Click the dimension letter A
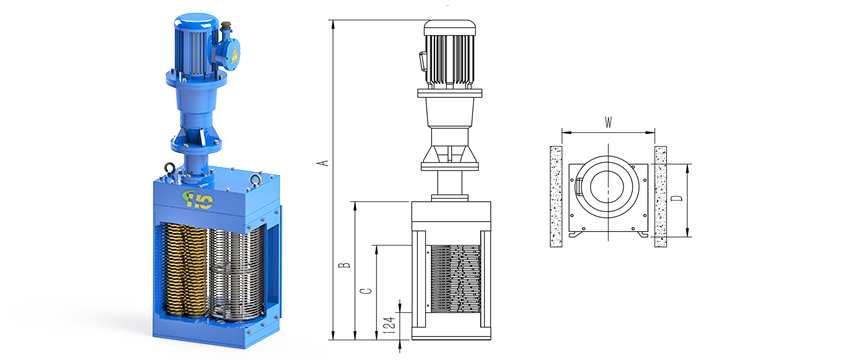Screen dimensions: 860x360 [x=325, y=163]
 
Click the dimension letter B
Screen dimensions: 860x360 [x=344, y=265]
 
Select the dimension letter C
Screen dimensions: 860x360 [x=368, y=290]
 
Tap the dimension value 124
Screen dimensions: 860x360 [x=390, y=325]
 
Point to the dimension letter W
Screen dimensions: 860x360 [x=608, y=122]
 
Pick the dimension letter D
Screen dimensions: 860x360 [x=678, y=198]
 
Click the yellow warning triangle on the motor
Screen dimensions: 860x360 [x=235, y=55]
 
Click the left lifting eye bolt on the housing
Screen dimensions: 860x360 [x=169, y=168]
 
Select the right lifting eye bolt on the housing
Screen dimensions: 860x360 [x=254, y=180]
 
